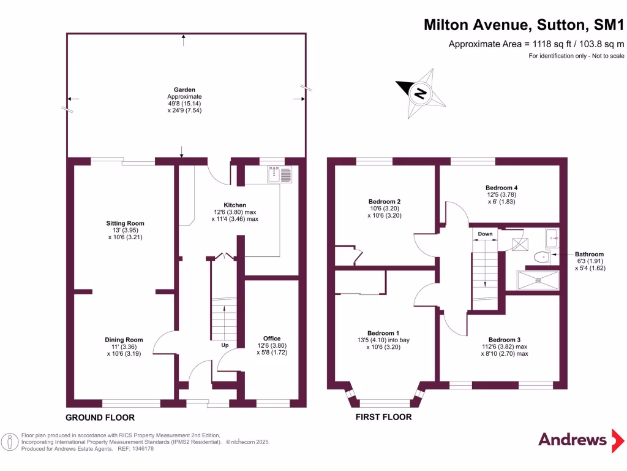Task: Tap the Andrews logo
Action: [572, 440]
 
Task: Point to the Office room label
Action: [272, 339]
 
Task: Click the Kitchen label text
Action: [235, 205]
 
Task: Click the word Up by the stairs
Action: [225, 345]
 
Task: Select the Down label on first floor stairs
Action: [485, 234]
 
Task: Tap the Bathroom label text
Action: [589, 254]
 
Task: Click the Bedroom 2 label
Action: [385, 201]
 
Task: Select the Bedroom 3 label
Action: [505, 339]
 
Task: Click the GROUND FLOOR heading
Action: [100, 417]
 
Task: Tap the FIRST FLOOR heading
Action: [384, 417]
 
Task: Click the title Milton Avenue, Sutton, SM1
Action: [524, 25]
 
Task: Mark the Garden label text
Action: [184, 90]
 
